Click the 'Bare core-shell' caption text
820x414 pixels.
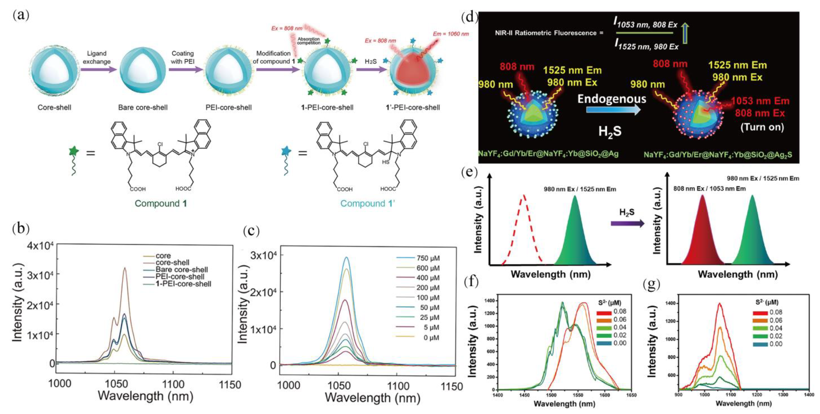click(x=143, y=107)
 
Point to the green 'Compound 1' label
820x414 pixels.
click(x=161, y=204)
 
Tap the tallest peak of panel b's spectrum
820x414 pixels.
click(x=125, y=268)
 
